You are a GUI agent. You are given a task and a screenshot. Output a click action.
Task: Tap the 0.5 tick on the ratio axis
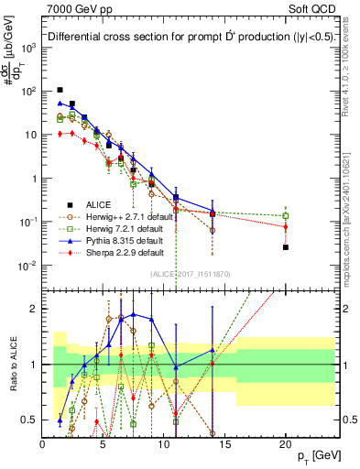[x=32, y=420]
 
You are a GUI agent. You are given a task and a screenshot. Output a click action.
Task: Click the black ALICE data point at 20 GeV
[x=286, y=247]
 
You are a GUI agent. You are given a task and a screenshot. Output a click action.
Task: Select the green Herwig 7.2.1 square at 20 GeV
[x=286, y=216]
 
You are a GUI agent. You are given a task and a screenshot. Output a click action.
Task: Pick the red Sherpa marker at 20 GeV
[x=286, y=226]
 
